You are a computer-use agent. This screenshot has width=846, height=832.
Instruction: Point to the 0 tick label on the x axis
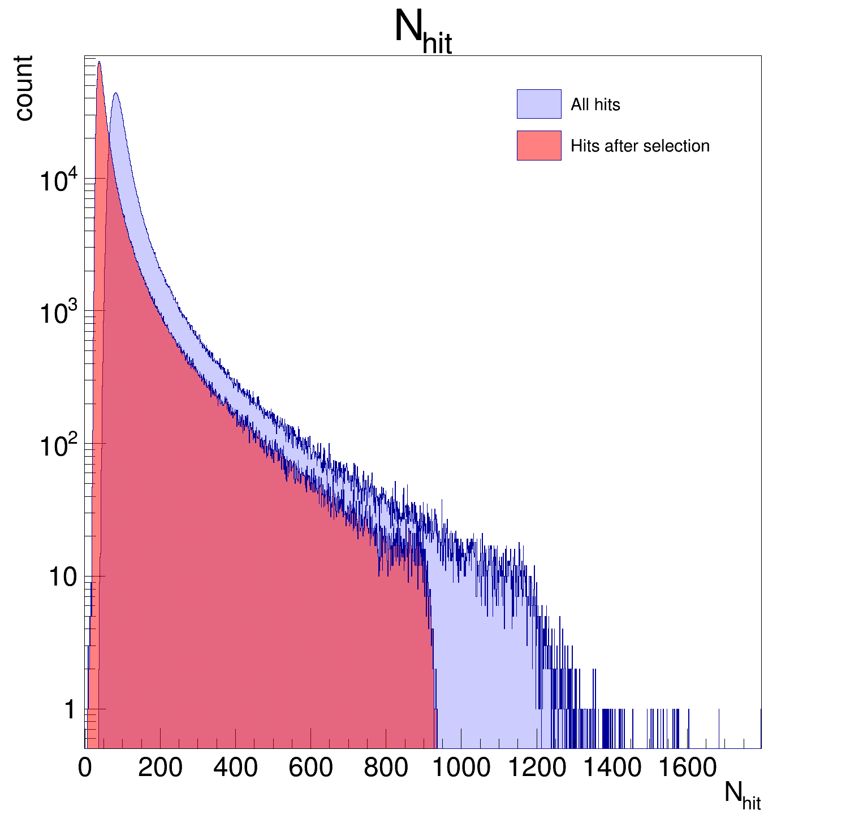85,768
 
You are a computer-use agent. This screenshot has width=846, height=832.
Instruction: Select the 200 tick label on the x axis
160,768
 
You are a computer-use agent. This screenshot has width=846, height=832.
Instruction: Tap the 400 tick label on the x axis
235,768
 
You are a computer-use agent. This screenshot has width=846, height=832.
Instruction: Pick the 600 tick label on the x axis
310,768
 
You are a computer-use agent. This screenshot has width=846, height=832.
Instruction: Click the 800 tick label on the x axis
386,768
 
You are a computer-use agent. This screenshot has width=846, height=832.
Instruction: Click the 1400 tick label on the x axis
611,768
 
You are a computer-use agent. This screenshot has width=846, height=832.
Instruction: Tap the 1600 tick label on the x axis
687,768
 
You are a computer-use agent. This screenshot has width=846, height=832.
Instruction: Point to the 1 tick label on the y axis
70,710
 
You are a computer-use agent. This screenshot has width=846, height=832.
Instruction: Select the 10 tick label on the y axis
62,578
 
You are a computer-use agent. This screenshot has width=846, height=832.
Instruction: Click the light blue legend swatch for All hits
539,104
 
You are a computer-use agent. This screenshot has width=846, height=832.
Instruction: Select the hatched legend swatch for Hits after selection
539,146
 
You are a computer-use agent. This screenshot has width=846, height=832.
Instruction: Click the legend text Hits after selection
640,146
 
